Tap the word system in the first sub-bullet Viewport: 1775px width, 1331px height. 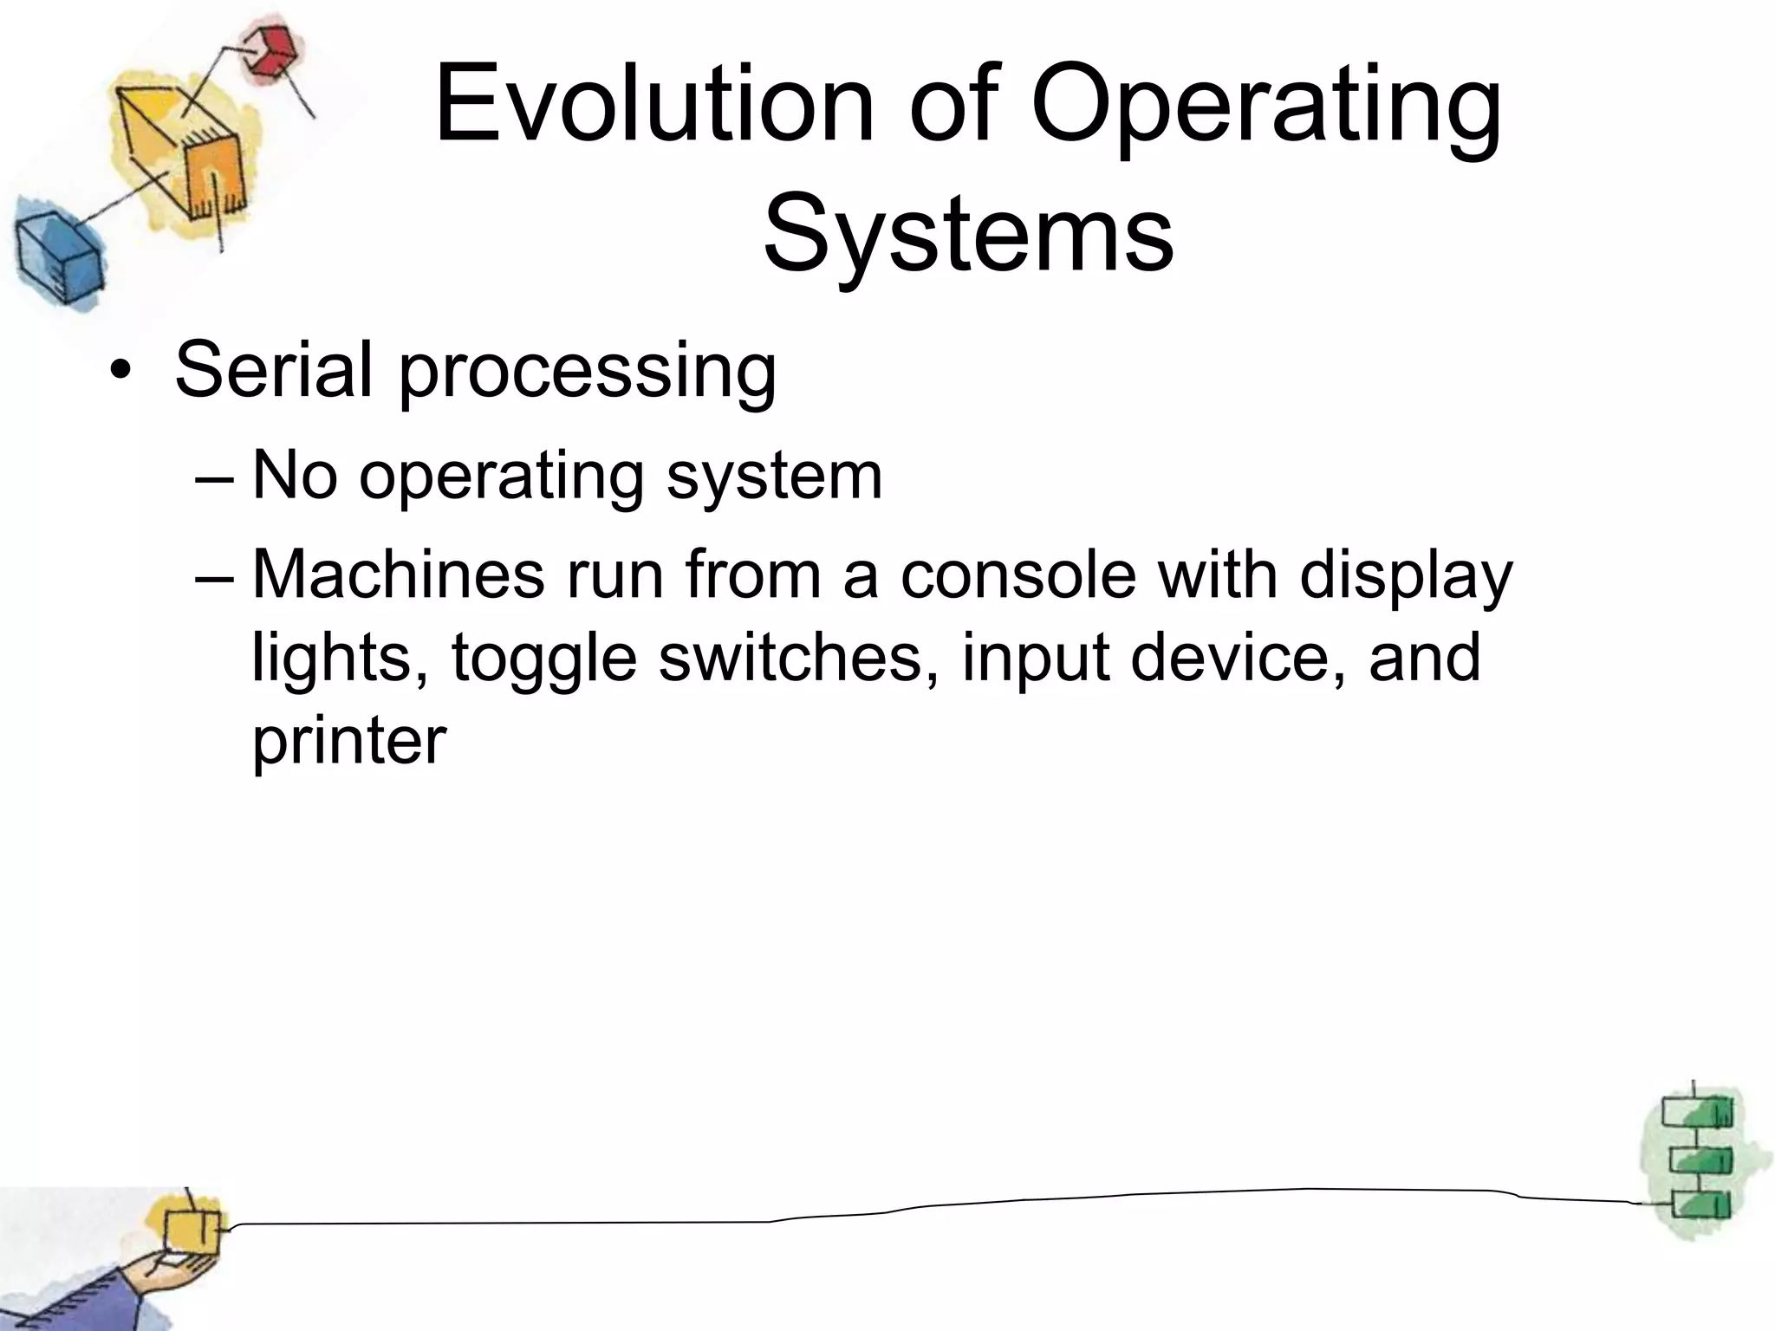[x=774, y=478]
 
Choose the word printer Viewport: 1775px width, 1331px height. [x=348, y=742]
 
